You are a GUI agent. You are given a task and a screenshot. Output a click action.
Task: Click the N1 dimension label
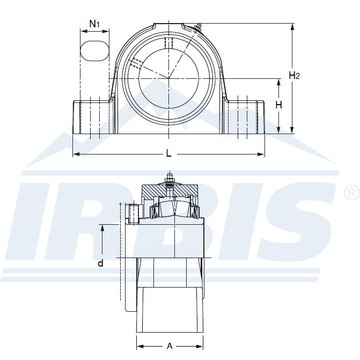point(94,24)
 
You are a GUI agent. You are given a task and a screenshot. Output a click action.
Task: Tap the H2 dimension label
point(294,75)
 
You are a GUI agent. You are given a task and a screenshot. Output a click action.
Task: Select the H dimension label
point(279,105)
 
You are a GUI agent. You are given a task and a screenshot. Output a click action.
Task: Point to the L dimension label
point(169,153)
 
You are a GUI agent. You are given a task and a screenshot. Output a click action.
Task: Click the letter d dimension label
point(100,263)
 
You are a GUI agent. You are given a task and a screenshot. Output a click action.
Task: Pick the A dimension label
point(170,346)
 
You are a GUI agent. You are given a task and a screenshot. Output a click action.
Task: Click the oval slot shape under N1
point(95,51)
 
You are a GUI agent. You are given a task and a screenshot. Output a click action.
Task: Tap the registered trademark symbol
point(352,193)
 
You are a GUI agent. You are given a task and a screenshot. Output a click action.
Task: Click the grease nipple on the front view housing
point(197,27)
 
